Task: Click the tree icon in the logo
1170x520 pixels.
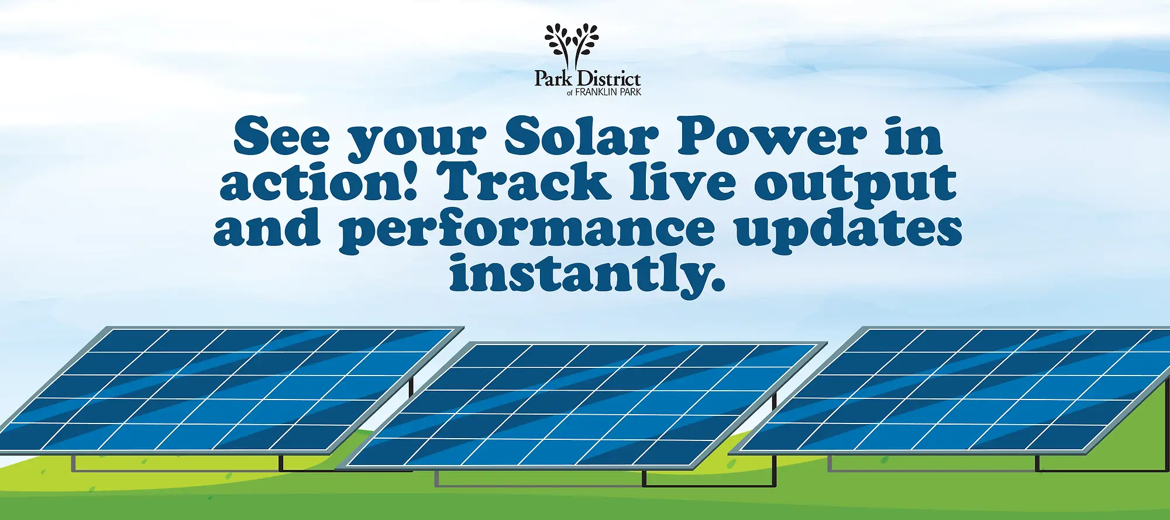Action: tap(572, 46)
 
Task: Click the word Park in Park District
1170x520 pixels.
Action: tap(553, 79)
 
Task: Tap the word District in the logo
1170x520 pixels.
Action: tap(608, 78)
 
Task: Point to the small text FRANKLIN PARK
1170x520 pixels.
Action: tap(608, 92)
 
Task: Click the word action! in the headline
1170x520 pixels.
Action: tap(318, 181)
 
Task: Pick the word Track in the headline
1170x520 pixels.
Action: tap(524, 181)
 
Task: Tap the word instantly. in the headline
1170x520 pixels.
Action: tap(587, 275)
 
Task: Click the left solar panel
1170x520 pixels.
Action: tap(231, 390)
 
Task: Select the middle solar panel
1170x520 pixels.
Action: tap(581, 405)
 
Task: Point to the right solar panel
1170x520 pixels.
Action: tap(951, 390)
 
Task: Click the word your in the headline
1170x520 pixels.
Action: tap(417, 140)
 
